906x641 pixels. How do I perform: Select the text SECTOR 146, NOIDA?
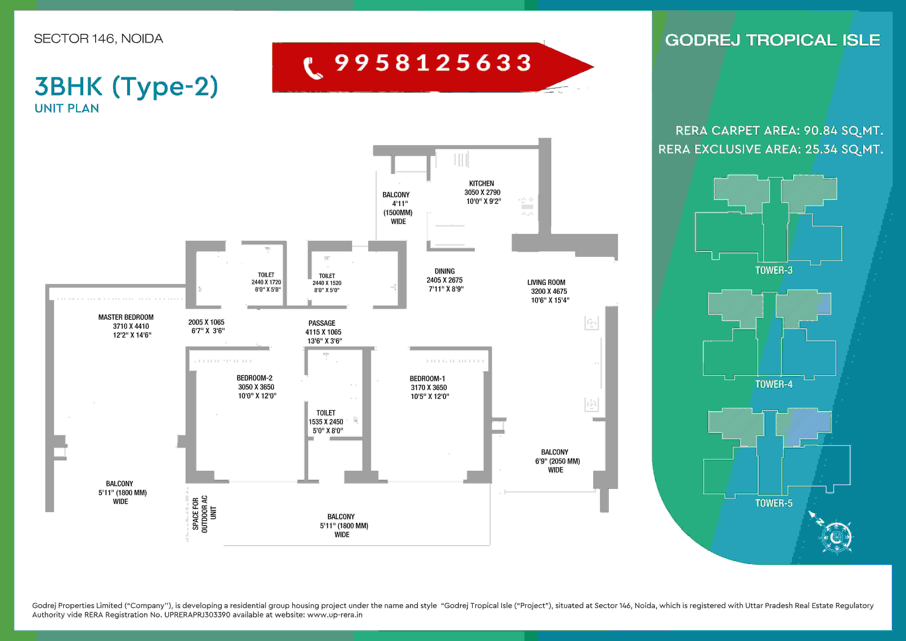click(x=98, y=39)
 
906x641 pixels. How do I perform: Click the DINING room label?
click(x=445, y=271)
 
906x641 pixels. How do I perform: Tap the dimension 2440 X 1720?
click(x=266, y=282)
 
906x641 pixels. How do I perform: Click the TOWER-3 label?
click(x=773, y=270)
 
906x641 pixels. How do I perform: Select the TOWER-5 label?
click(x=773, y=503)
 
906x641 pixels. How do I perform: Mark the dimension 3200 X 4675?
click(x=549, y=291)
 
